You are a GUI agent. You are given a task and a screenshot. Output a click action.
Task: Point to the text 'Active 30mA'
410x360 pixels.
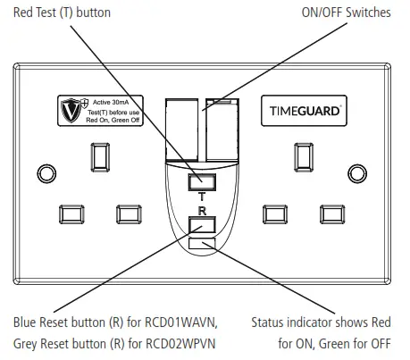coord(112,103)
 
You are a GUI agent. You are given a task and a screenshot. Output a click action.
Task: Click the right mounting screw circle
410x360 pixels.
coord(368,171)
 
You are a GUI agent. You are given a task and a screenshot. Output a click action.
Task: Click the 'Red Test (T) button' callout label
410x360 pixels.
coord(51,12)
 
